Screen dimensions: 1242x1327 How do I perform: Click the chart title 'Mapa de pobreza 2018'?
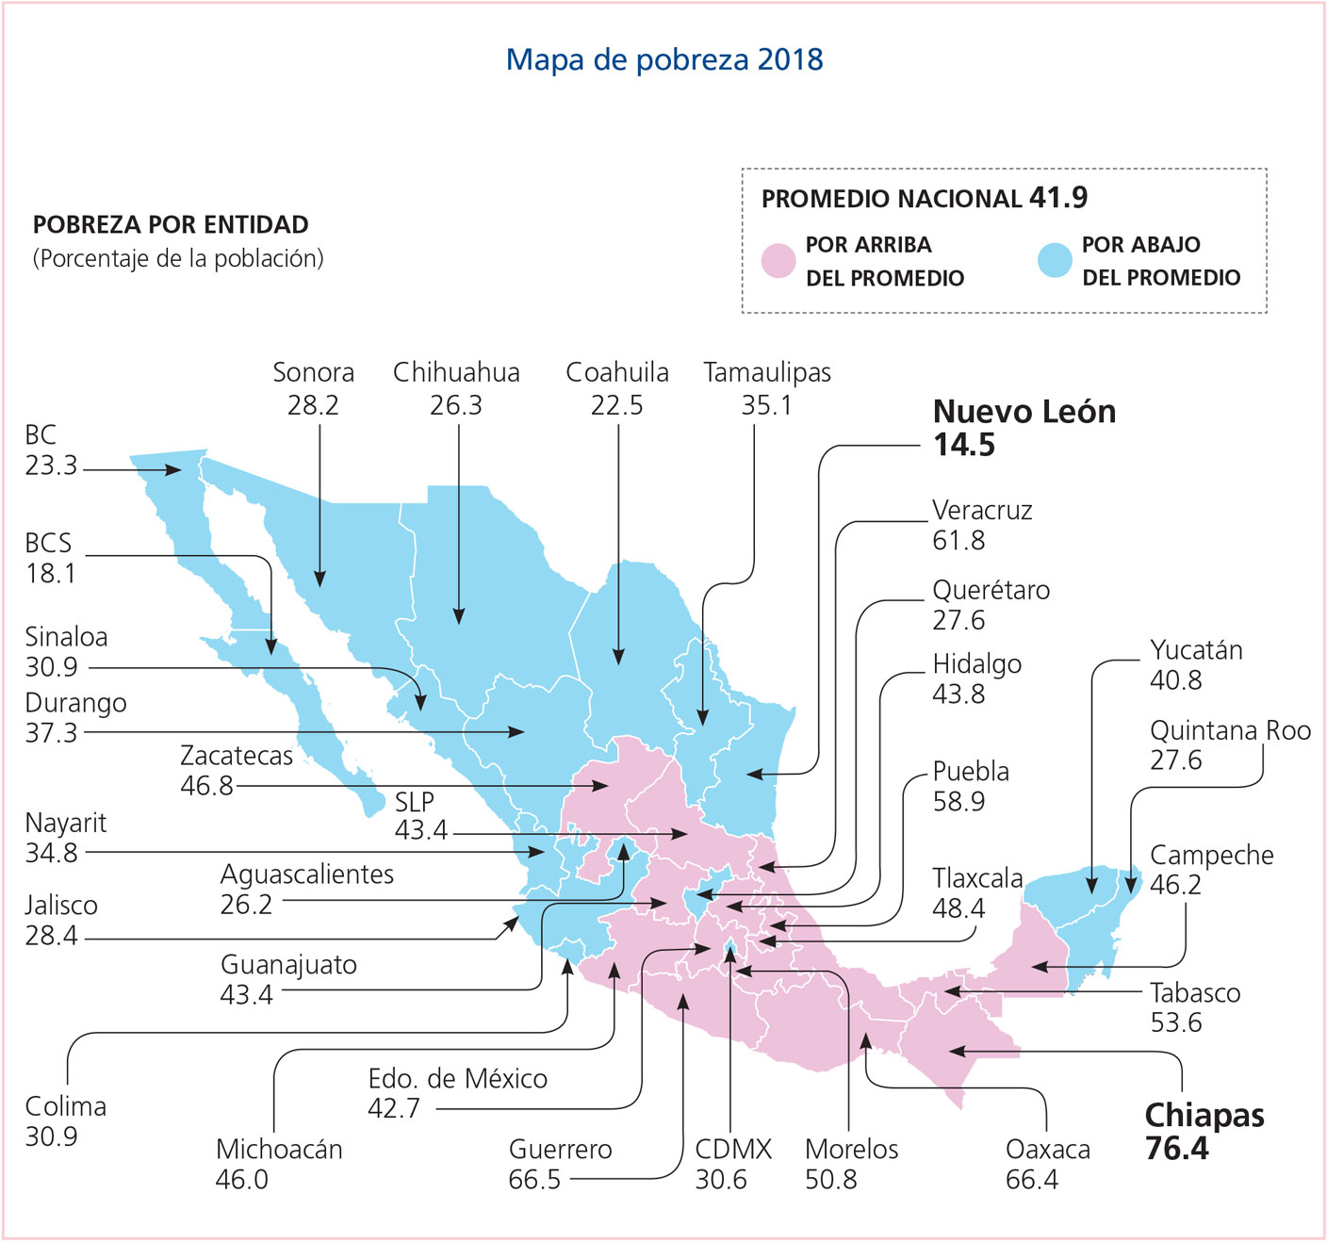point(664,59)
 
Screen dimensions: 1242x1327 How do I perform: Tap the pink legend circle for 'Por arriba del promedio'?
point(778,261)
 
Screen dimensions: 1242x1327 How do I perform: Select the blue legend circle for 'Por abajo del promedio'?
point(1055,261)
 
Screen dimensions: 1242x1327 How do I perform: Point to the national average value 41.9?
point(1058,198)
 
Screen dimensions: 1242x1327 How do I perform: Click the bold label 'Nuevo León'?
point(1024,412)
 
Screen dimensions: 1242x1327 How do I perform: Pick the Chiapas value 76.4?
point(1176,1149)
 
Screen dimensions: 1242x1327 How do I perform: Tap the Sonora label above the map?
point(313,372)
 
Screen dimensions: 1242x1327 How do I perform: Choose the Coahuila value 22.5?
point(616,405)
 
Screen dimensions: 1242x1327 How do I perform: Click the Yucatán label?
point(1196,650)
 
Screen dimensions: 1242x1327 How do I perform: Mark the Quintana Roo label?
point(1230,730)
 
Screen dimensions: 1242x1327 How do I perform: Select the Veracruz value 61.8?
point(958,541)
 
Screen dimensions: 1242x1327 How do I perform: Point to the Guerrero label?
point(560,1150)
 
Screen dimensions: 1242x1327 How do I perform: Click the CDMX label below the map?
point(732,1150)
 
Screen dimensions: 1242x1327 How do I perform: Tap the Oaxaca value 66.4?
point(1031,1180)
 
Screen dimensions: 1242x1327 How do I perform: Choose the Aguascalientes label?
point(307,874)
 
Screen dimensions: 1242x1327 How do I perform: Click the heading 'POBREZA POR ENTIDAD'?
point(171,225)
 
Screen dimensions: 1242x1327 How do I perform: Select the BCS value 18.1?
point(51,574)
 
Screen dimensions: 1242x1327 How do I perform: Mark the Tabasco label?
point(1195,993)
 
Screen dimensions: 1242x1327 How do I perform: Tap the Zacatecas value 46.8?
point(206,786)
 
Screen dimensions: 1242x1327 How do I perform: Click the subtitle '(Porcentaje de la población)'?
point(178,258)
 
